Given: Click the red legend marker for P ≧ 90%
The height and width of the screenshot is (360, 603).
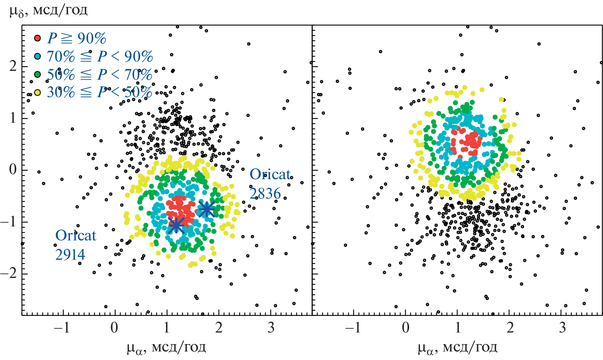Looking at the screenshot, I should point(38,38).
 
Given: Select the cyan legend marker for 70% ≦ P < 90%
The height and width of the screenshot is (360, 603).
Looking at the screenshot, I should point(38,57).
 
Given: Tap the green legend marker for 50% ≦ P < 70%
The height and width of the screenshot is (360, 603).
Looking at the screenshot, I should point(38,74).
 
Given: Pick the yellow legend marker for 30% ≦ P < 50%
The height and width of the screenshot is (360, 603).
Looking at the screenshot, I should point(38,93).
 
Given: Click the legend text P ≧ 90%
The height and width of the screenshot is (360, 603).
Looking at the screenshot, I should point(77,38).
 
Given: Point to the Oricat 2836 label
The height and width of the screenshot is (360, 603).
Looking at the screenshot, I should point(270,183).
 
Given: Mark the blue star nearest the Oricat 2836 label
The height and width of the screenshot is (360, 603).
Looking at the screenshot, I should point(206,209).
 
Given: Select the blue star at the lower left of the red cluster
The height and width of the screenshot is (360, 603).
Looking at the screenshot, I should point(176,225).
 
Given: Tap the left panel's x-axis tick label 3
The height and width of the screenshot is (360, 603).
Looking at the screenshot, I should point(271,328).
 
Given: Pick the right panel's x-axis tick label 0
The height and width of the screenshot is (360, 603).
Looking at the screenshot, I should point(406,328).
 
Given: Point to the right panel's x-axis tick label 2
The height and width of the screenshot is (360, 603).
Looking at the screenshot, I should point(510,328).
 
